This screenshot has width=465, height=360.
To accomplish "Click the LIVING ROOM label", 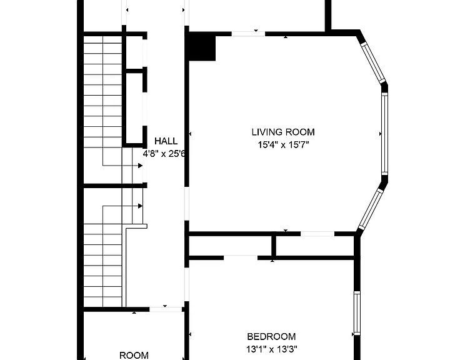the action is [x=283, y=132].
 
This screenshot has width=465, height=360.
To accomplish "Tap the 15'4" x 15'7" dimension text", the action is [x=283, y=145].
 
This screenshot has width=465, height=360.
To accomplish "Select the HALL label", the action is [x=166, y=141].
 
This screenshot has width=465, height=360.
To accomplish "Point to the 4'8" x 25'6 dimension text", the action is [x=164, y=154].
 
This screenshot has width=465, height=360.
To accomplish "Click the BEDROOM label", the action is [x=271, y=337].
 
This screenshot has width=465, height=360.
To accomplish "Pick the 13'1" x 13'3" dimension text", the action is [x=272, y=349].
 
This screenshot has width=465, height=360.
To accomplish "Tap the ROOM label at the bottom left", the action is [x=134, y=355].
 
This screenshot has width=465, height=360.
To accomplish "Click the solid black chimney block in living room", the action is [x=202, y=46].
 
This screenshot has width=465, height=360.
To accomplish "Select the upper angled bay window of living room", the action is [x=372, y=63].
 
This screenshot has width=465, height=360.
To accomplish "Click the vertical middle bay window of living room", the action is [x=384, y=134].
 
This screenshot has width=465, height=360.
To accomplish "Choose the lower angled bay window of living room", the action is [x=371, y=209].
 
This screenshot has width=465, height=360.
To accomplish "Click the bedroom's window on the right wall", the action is [x=357, y=313].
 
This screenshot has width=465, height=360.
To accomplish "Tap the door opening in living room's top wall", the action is [x=248, y=34].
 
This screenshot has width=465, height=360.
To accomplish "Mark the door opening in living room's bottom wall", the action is [x=317, y=234].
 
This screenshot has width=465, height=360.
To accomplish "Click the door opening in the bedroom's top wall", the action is [x=241, y=257].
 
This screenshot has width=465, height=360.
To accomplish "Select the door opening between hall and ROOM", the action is [x=166, y=309].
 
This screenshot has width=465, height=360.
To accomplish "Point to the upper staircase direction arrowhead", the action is [x=140, y=166].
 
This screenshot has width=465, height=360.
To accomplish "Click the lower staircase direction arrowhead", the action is [x=140, y=206].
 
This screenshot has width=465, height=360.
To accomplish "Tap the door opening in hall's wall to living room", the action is [x=187, y=203].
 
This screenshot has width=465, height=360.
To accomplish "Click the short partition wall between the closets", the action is [x=135, y=71].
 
